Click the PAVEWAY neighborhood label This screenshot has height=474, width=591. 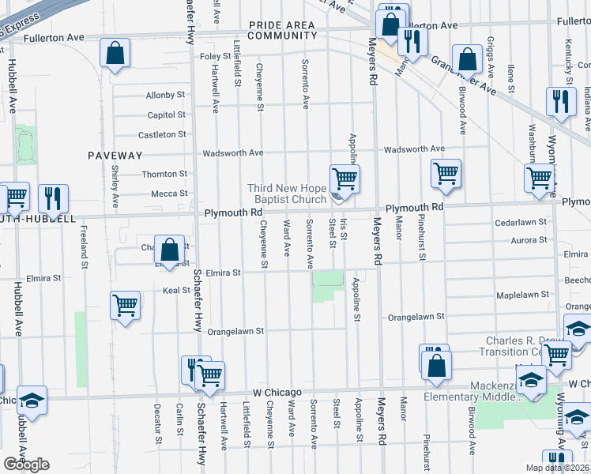point(115,156)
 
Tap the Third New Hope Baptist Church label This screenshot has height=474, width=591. point(287,194)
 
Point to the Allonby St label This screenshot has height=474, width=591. point(165,96)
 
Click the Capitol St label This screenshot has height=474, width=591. point(166,115)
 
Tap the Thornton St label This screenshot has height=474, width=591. point(164,174)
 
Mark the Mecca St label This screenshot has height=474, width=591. point(170,194)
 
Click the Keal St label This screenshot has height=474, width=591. point(176,291)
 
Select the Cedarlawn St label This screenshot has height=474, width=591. point(521,223)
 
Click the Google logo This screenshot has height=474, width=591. point(26,465)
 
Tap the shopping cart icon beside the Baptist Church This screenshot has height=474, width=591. point(344,178)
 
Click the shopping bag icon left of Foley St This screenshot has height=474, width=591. point(115,54)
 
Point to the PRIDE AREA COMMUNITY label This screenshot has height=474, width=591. point(283,30)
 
